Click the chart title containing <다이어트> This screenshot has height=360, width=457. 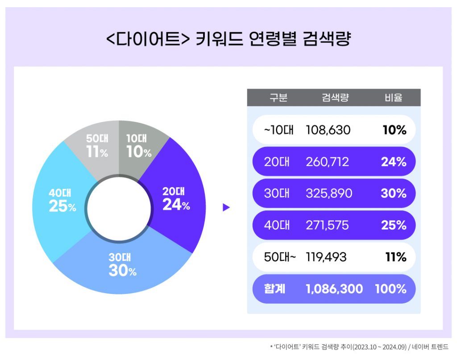click(228, 40)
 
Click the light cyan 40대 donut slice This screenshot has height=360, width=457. click(60, 201)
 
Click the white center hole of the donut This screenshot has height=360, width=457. click(119, 208)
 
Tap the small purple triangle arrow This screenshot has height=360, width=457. click(226, 207)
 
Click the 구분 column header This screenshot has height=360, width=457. click(278, 98)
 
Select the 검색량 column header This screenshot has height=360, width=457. click(335, 98)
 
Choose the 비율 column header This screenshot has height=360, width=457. click(393, 98)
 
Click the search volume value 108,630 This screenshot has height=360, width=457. click(328, 130)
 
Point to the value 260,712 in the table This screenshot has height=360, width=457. click(327, 162)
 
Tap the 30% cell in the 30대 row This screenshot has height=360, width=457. click(394, 193)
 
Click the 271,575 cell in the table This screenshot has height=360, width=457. click(327, 225)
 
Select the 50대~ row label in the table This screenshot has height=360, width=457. click(280, 257)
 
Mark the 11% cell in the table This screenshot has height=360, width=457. click(395, 257)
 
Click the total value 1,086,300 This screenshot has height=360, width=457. click(334, 289)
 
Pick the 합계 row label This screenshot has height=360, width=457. click(274, 289)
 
